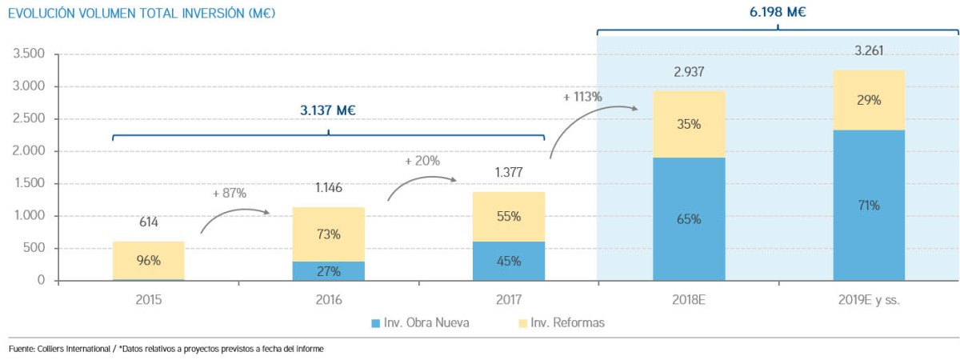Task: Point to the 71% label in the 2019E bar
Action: point(869,206)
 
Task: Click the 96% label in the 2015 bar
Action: point(149,260)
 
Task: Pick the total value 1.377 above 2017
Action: point(509,172)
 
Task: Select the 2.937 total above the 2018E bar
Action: point(689,72)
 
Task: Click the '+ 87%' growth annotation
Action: point(230,193)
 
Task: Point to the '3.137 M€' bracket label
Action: point(328,110)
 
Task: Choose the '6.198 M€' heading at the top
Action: point(778,12)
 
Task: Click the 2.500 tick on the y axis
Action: point(29,119)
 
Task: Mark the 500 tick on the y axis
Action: point(36,248)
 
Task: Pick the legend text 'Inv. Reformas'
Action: point(571,322)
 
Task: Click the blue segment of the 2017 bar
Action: point(509,261)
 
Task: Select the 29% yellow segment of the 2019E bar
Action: point(869,101)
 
